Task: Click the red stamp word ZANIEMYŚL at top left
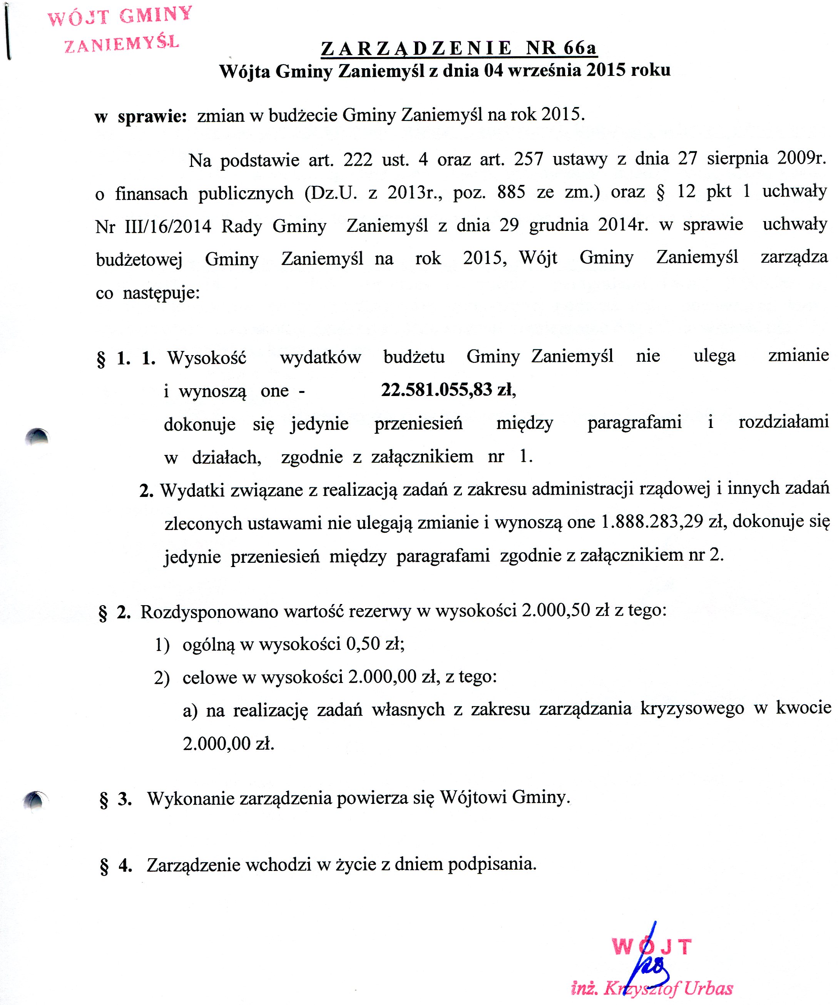(122, 44)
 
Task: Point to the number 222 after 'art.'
(358, 159)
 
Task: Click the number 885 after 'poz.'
(511, 192)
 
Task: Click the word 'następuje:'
(161, 293)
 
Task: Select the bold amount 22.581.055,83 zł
(448, 390)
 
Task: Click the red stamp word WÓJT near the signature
(651, 946)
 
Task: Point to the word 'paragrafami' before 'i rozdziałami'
(634, 423)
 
